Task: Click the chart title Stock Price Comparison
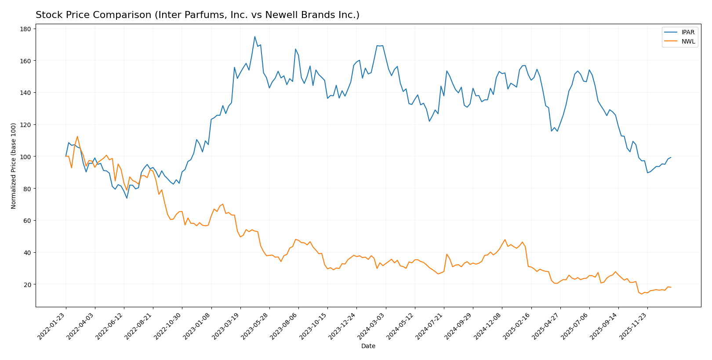[x=197, y=15]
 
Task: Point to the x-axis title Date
[x=368, y=346]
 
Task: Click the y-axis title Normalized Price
[x=14, y=166]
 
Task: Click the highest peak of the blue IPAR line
[x=255, y=36]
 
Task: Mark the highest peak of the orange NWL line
[x=77, y=136]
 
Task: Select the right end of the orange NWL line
[x=671, y=287]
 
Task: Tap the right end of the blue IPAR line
[x=671, y=157]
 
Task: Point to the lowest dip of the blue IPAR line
[x=127, y=198]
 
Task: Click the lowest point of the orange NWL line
[x=642, y=294]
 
